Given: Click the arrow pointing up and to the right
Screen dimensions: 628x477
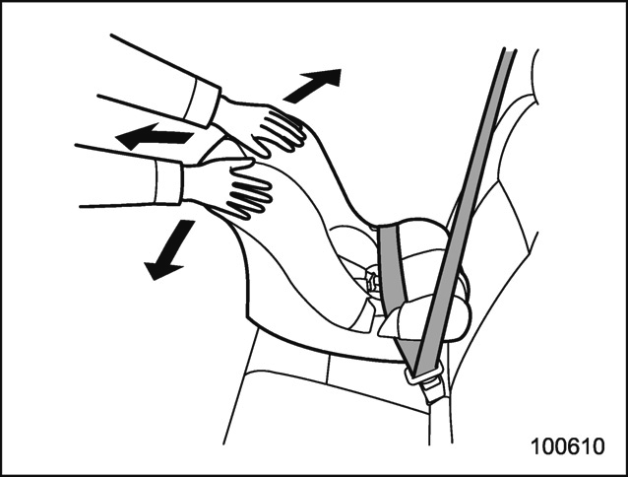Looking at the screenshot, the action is point(314,85).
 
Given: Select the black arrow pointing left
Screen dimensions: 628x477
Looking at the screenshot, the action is point(155,137).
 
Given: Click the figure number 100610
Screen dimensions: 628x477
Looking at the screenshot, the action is point(568,446).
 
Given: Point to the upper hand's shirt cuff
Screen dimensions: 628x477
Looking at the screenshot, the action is point(202,102).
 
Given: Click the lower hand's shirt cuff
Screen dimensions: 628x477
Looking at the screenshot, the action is point(169,182).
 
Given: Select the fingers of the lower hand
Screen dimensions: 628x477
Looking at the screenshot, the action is point(249,198).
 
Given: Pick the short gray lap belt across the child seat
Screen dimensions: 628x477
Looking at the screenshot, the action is point(393,264).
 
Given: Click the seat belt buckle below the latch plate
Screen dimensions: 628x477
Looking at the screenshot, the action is point(432,391).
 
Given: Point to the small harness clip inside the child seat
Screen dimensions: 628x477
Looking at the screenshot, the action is point(372,280).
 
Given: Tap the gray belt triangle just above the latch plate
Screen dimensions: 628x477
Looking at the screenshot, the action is point(408,353).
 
